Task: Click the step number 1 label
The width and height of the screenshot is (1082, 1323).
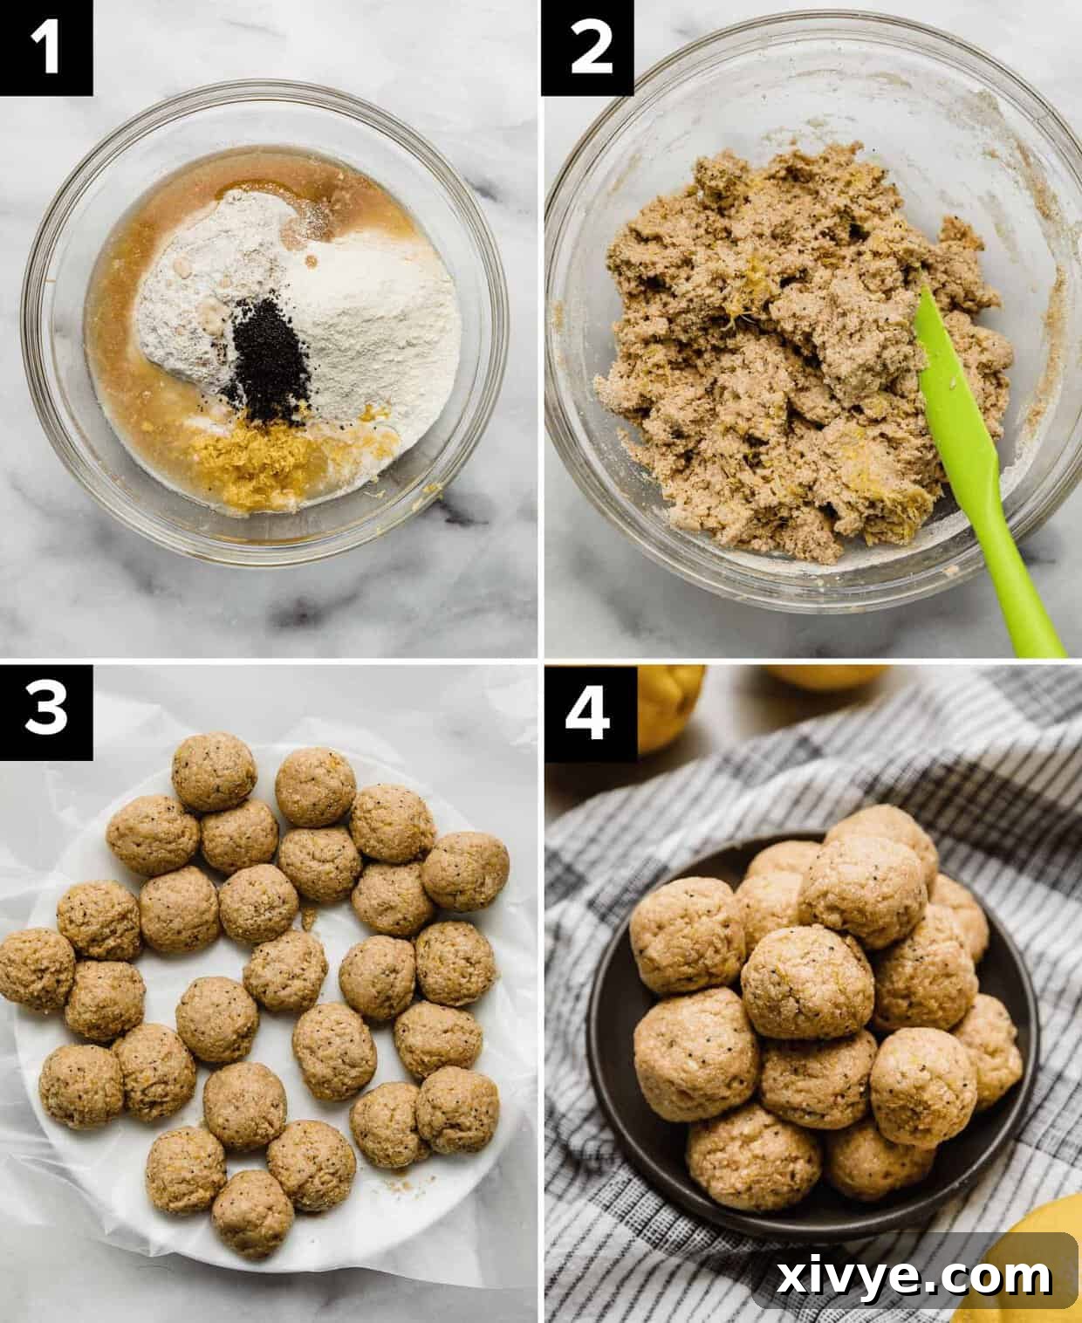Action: pyautogui.click(x=46, y=47)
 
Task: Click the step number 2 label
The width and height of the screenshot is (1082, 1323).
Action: pyautogui.click(x=587, y=47)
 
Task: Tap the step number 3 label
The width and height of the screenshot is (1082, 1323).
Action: pyautogui.click(x=46, y=710)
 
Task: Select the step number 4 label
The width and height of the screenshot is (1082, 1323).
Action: pyautogui.click(x=587, y=710)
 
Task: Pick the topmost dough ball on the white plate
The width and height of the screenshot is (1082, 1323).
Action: pyautogui.click(x=214, y=771)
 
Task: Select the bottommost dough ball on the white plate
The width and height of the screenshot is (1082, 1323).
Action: pyautogui.click(x=253, y=1213)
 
